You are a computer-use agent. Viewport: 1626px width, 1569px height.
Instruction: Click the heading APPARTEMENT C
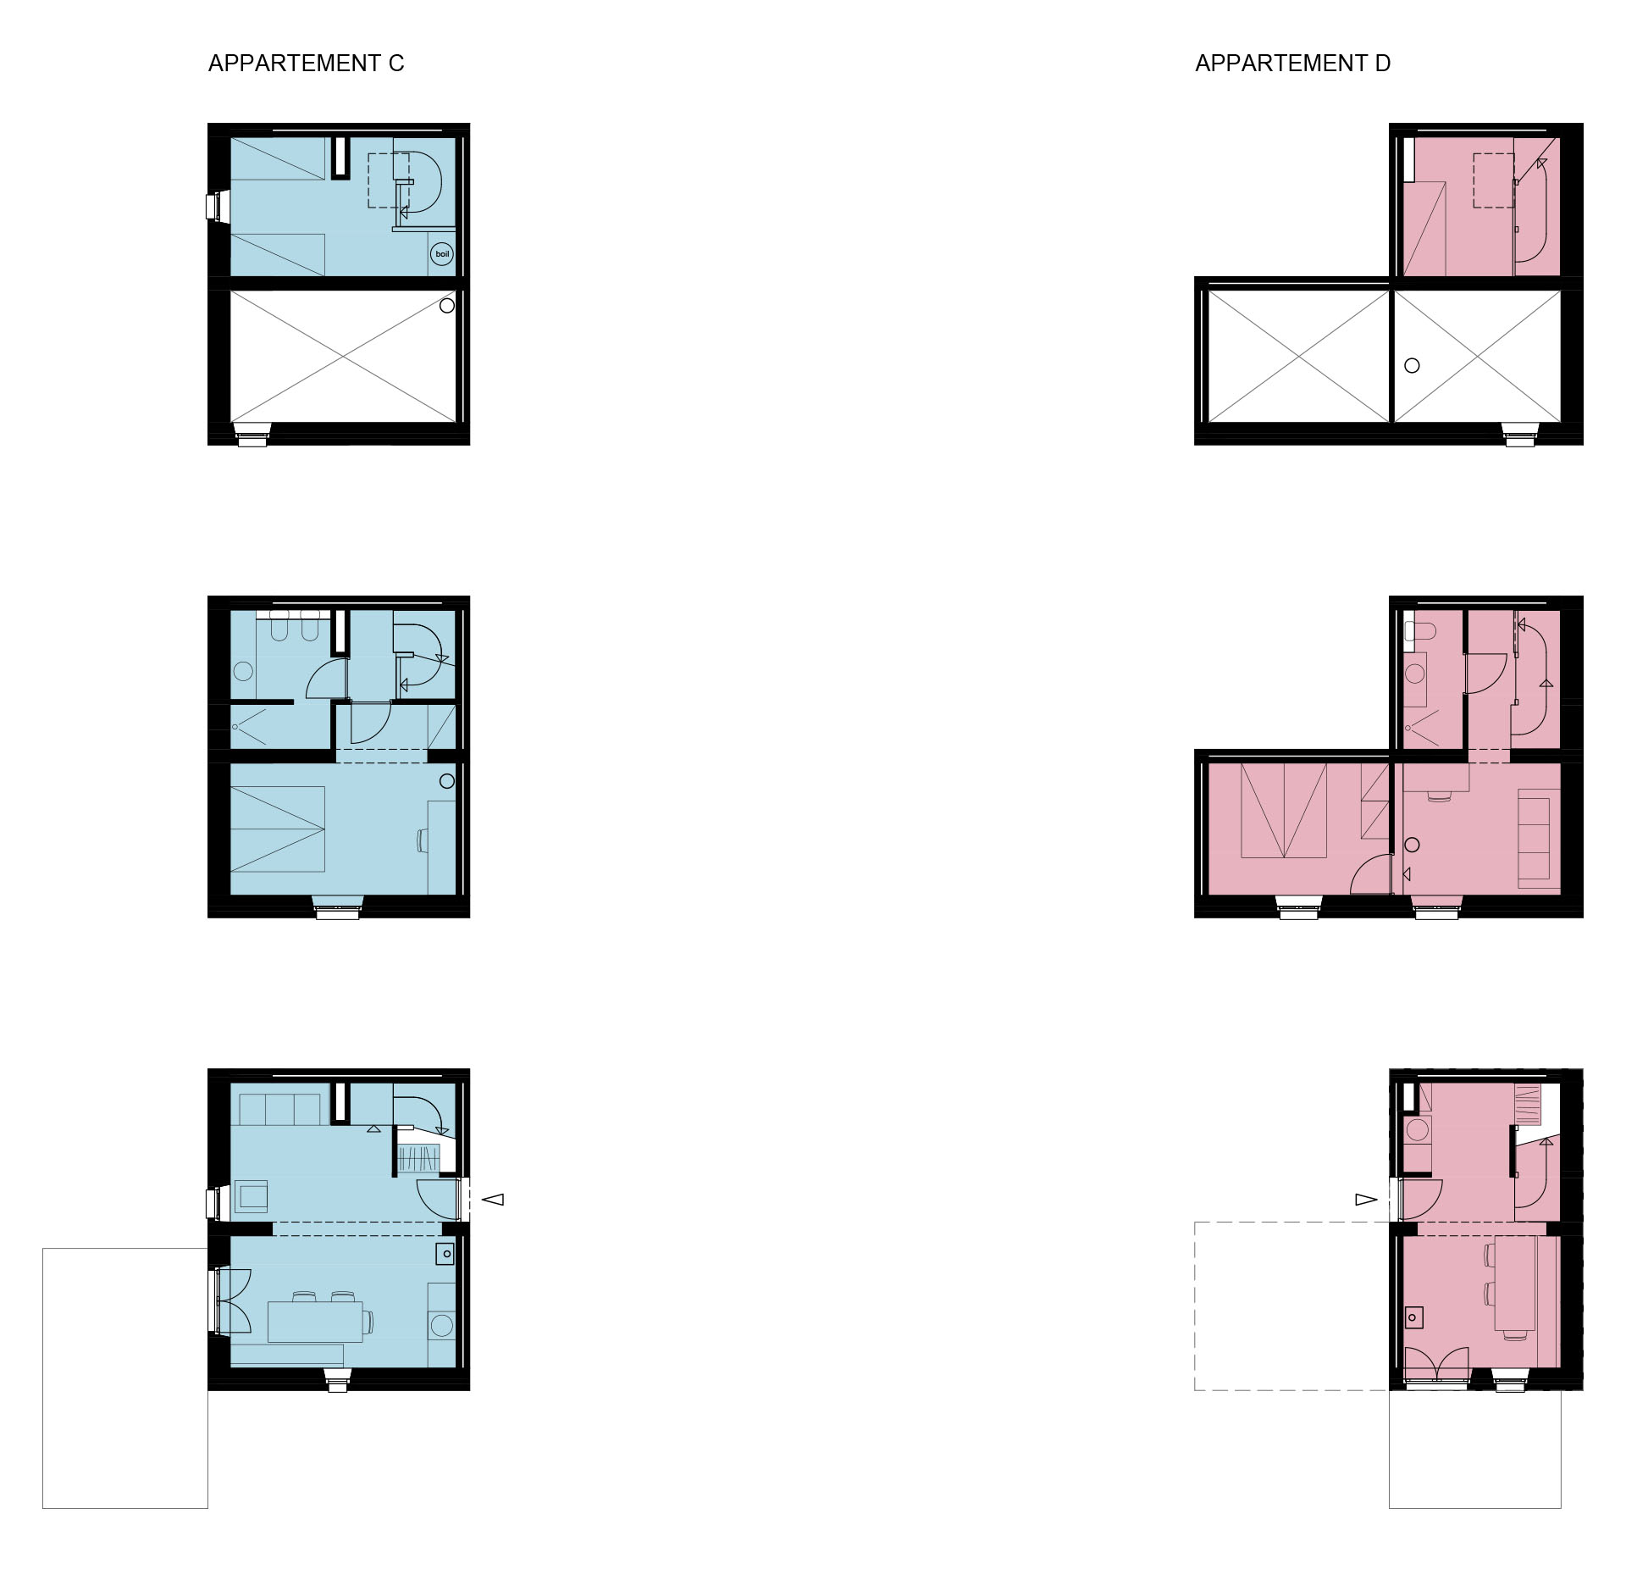[306, 64]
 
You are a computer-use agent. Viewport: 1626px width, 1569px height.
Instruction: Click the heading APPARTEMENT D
[1292, 64]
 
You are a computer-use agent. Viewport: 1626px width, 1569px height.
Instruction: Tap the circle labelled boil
[442, 254]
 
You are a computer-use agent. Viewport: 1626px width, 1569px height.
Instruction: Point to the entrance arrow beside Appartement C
[493, 1199]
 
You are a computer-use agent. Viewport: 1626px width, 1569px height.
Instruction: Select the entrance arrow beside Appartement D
[1366, 1199]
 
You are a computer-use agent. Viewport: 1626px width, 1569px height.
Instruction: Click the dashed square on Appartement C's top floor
[389, 180]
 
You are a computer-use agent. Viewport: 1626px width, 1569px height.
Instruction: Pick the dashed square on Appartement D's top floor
[1494, 180]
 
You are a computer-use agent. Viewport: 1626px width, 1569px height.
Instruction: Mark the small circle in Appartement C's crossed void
[447, 306]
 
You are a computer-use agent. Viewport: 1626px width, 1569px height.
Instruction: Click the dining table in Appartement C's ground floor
[315, 1322]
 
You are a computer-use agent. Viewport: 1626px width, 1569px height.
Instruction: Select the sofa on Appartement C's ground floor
[280, 1109]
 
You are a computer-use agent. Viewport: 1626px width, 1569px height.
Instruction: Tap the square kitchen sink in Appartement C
[445, 1254]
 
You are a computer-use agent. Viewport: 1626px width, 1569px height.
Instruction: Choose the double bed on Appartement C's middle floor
[278, 829]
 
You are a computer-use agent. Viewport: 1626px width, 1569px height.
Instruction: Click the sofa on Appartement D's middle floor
[1534, 840]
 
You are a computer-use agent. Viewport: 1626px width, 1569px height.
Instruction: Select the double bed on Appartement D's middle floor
[1284, 811]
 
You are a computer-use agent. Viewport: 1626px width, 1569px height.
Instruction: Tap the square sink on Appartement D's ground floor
[1413, 1317]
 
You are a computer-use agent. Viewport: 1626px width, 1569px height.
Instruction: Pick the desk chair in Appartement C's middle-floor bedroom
[422, 840]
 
